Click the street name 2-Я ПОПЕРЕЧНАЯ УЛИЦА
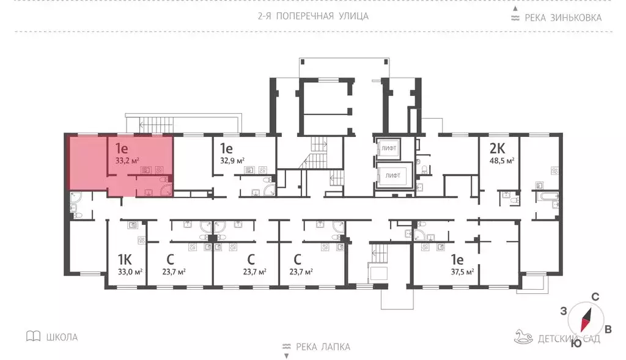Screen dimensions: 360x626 point(313,16)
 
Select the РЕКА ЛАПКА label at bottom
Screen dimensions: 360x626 point(323,347)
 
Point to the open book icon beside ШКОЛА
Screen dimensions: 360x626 point(34,336)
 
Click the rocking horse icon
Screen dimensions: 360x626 point(525,337)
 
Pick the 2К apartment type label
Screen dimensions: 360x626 point(497,148)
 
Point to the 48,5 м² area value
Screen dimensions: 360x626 point(501,161)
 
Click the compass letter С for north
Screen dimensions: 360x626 point(594,297)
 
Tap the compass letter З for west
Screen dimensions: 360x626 point(563,310)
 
